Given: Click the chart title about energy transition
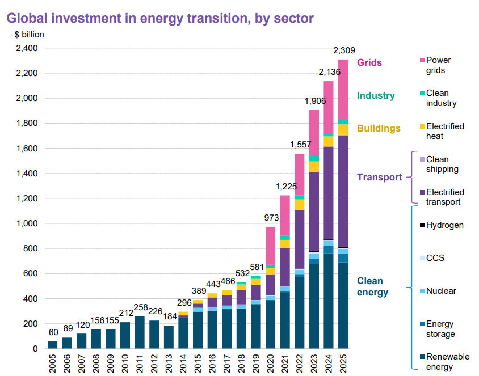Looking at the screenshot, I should coord(159,18).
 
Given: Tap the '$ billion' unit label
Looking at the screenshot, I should coord(29,34).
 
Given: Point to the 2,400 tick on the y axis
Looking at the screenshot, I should coord(26,48).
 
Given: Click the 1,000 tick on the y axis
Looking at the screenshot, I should coord(26,223).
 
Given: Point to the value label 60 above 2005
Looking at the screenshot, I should coord(52,332).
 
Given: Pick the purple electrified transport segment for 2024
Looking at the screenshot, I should coord(329,193).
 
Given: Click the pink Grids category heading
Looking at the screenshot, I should coord(369,63).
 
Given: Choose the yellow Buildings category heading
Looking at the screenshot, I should coord(379,129).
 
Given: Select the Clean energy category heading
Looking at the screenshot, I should coord(372,286).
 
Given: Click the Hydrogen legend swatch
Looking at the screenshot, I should coord(421,226).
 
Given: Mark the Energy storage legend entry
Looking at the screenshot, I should coord(440,329).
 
